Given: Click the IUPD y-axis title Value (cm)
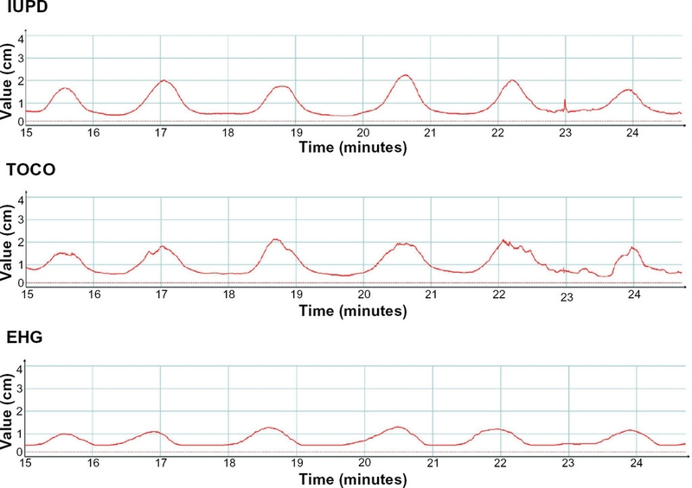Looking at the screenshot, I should point(8,78).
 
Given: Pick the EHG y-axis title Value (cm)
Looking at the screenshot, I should point(8,409).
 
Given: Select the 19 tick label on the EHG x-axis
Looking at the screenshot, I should point(296,463).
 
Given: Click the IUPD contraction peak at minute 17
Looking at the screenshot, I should point(163,80).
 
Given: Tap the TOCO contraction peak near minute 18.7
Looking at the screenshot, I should point(276,239).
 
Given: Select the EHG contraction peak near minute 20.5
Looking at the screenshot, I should point(398,427).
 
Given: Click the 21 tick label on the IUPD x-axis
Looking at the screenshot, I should point(430,132).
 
